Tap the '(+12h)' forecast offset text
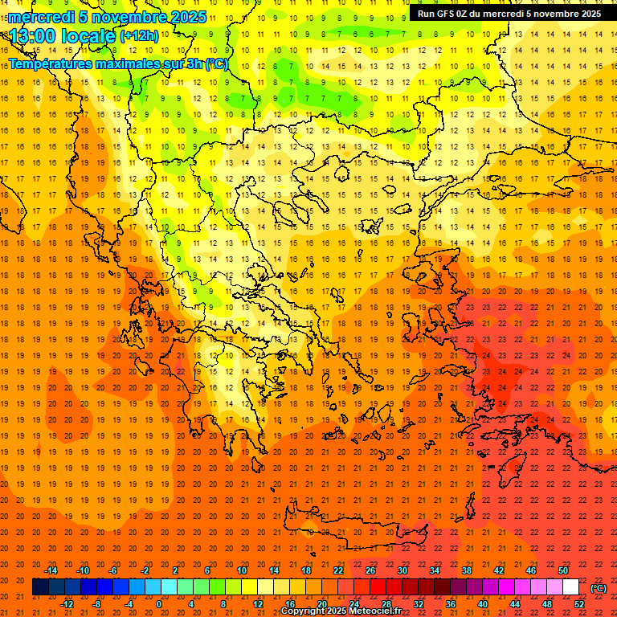139,35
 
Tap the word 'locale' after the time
88,35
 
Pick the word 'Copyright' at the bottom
306,611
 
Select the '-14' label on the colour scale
51,570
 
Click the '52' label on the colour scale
580,604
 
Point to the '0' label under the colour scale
158,604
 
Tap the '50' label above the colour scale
563,570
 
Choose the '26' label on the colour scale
370,570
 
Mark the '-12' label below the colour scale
67,604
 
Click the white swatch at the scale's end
570,587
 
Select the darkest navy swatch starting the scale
40,587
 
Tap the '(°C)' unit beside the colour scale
599,587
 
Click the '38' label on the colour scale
467,570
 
